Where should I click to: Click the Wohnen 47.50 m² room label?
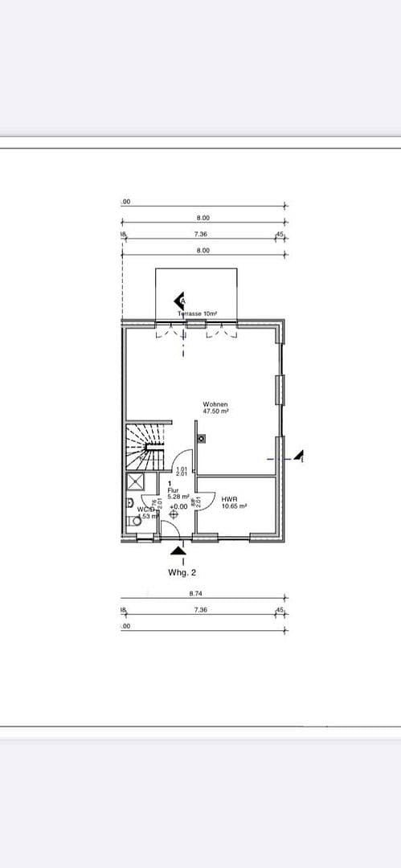[x=215, y=407]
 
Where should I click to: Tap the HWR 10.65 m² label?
[x=234, y=502]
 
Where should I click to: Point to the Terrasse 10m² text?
[x=198, y=313]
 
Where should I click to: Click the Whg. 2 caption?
[x=182, y=572]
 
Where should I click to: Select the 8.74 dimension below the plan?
[x=195, y=594]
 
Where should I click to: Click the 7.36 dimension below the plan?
[x=201, y=610]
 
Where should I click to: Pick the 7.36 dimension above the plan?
[x=201, y=234]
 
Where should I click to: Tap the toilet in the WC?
[x=135, y=521]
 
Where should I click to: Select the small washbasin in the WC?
[x=130, y=503]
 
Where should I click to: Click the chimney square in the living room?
[x=201, y=438]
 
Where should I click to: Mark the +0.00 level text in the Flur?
[x=178, y=506]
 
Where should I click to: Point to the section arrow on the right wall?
[x=300, y=457]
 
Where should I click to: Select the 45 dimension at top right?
[x=280, y=234]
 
